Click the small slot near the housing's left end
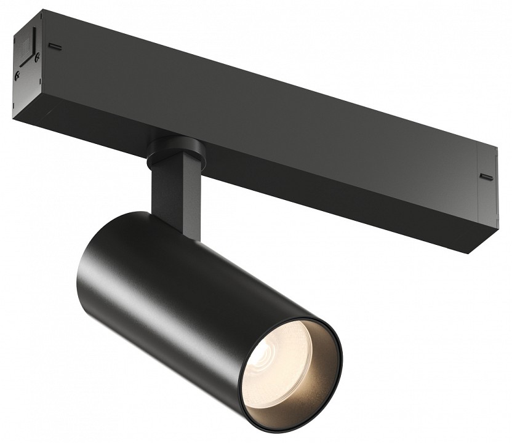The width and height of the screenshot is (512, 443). pyautogui.click(x=55, y=46)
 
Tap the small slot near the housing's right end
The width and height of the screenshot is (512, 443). pyautogui.click(x=486, y=177)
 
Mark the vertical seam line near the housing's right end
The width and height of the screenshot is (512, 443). pyautogui.click(x=478, y=185)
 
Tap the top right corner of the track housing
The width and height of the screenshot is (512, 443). pyautogui.click(x=497, y=146)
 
